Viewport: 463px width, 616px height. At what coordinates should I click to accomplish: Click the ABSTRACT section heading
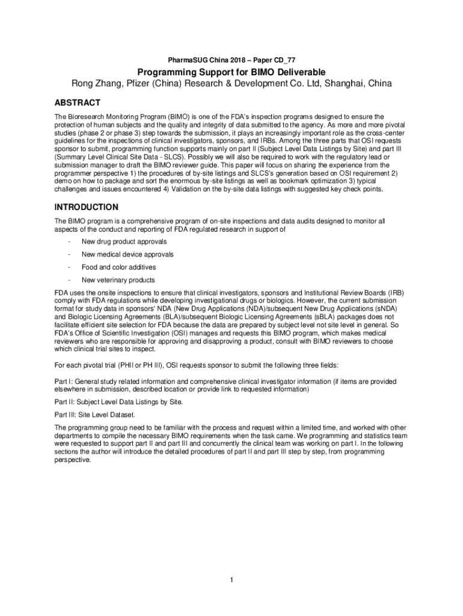78,103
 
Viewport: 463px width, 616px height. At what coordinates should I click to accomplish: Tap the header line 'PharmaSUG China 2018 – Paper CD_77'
231,60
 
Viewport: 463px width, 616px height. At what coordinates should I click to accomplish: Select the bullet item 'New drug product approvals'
124,242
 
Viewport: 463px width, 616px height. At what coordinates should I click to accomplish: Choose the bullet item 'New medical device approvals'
127,254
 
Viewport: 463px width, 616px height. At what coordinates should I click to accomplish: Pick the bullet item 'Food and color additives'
118,267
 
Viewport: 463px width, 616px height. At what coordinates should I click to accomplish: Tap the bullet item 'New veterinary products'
118,280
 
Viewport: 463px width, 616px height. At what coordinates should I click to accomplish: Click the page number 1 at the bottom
231,580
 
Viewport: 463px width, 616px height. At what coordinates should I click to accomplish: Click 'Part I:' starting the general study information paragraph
64,381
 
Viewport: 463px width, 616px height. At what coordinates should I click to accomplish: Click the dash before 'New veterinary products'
70,280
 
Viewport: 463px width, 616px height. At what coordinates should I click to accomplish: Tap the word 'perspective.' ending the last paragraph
72,460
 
